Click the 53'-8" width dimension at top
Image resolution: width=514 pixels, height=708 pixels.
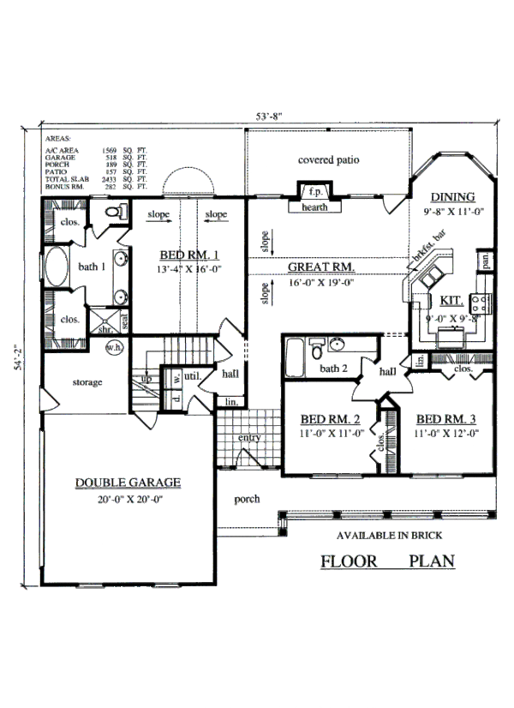tap(269, 117)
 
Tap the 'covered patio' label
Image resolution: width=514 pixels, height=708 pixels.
tap(328, 160)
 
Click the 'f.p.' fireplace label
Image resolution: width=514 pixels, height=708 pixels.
tap(315, 192)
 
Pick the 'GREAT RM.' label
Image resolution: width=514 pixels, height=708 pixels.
tap(321, 266)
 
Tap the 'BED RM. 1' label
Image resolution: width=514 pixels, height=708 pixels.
tap(191, 255)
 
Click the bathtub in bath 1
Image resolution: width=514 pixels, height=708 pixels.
tap(57, 269)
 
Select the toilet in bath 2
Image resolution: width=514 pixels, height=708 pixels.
tap(316, 351)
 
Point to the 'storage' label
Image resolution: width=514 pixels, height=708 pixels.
tap(87, 381)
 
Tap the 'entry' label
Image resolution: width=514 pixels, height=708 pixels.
tap(249, 438)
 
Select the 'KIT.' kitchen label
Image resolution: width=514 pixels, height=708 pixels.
tap(450, 302)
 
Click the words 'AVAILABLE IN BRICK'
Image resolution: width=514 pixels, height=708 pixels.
tap(387, 536)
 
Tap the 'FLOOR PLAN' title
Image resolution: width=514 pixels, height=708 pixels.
tap(387, 562)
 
